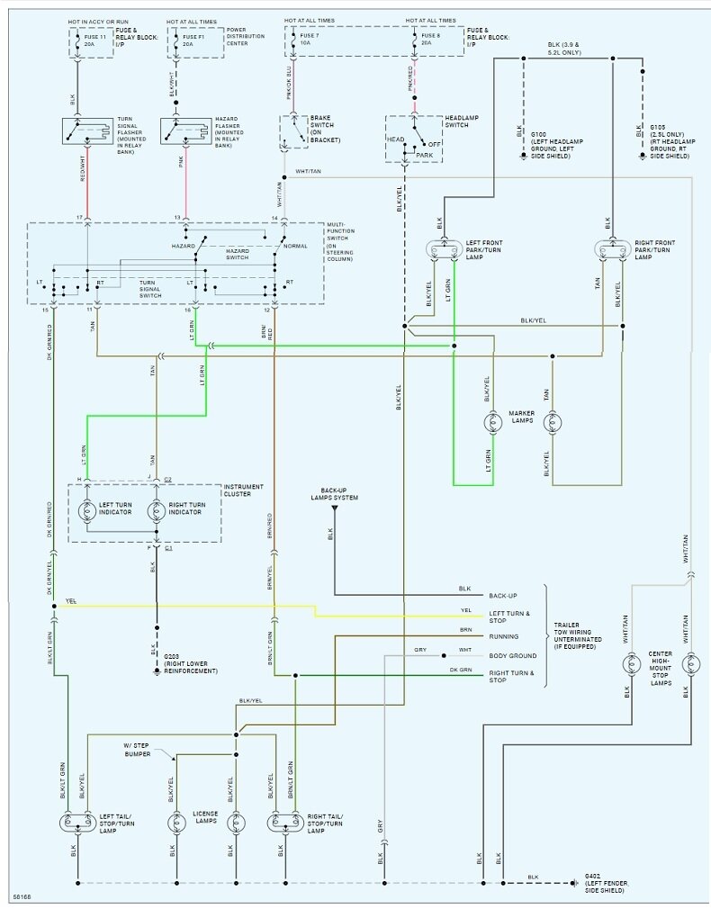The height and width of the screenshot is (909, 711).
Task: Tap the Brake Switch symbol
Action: point(293,131)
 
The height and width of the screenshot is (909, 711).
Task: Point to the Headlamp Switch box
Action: point(413,139)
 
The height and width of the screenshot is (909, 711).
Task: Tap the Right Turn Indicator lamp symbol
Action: point(156,510)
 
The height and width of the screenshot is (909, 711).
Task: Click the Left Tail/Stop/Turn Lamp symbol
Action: point(76,822)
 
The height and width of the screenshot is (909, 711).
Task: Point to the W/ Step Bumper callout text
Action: point(142,750)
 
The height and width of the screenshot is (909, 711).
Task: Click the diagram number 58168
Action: point(24,896)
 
